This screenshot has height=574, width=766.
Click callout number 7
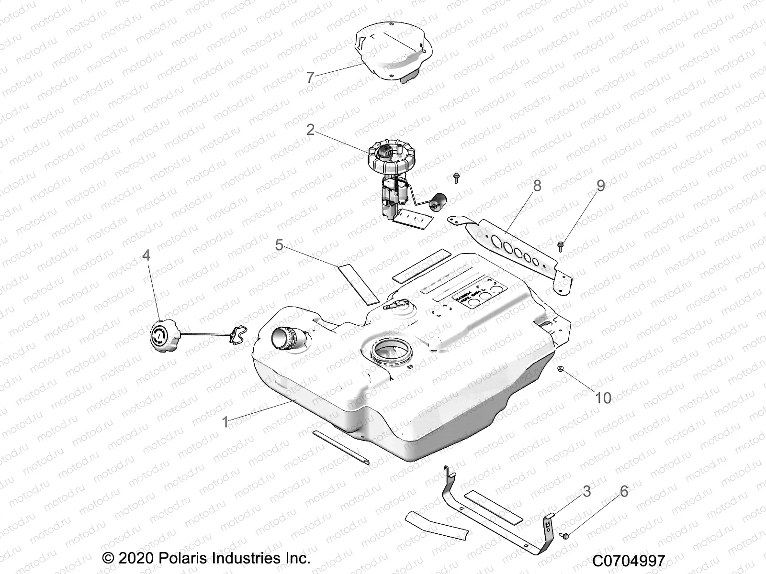click(310, 77)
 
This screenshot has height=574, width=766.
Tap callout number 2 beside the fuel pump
click(311, 130)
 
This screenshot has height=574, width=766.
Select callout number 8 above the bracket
click(537, 186)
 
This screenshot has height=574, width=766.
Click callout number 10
click(603, 397)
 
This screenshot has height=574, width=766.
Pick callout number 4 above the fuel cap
click(146, 255)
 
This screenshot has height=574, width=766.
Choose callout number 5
click(279, 245)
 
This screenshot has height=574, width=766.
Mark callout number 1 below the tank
click(225, 422)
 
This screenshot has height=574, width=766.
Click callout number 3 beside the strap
click(586, 491)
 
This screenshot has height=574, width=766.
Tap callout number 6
click(623, 491)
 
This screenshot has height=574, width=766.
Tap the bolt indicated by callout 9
click(561, 245)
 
